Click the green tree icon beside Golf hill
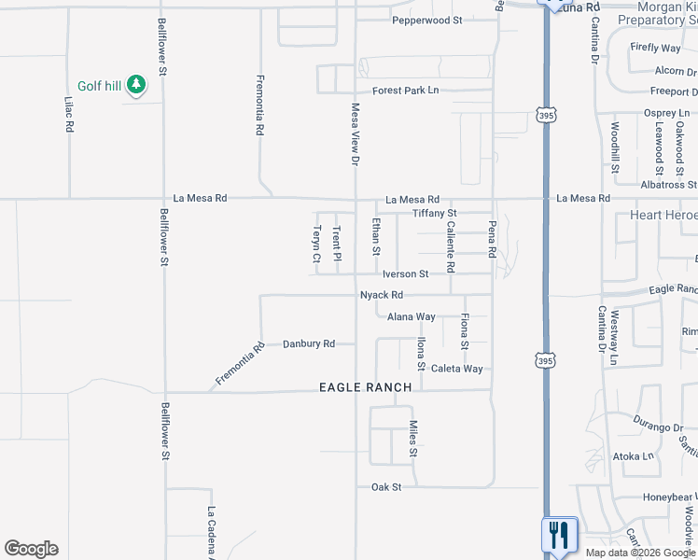point(137,85)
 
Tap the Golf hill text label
point(100,86)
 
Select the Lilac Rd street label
point(69,114)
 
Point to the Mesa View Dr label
point(355,134)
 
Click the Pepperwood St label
point(427,20)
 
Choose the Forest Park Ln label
point(406,91)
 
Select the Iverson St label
point(405,274)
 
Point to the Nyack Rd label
point(382,295)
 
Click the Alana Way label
point(412,317)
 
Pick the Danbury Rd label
point(309,343)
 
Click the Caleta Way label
point(457,369)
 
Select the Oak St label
point(386,487)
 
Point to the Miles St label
point(412,439)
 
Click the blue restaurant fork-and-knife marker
point(559,535)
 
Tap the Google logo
point(31,549)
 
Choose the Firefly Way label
point(656,48)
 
